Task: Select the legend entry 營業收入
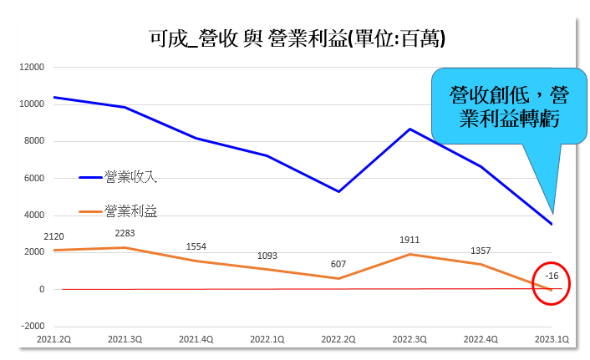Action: [x=130, y=176]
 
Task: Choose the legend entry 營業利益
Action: [x=130, y=212]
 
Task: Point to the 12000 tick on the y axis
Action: [x=32, y=68]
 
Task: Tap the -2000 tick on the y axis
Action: [x=32, y=326]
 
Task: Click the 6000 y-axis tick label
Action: [x=33, y=178]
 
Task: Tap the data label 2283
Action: [x=125, y=233]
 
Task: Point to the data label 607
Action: [x=338, y=264]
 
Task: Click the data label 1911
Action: [x=409, y=241]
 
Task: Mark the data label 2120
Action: [x=54, y=236]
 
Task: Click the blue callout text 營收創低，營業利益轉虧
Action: [x=503, y=107]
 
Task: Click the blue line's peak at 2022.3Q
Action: [x=409, y=129]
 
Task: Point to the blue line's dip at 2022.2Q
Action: [x=338, y=191]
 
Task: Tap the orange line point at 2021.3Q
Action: [x=125, y=247]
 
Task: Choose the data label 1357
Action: [x=481, y=251]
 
